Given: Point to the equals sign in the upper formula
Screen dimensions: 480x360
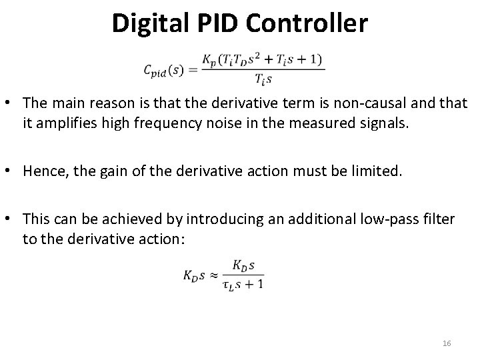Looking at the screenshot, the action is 193,70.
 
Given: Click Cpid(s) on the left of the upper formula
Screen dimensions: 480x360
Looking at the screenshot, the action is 164,70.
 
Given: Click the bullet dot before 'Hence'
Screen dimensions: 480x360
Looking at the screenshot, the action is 12,172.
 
